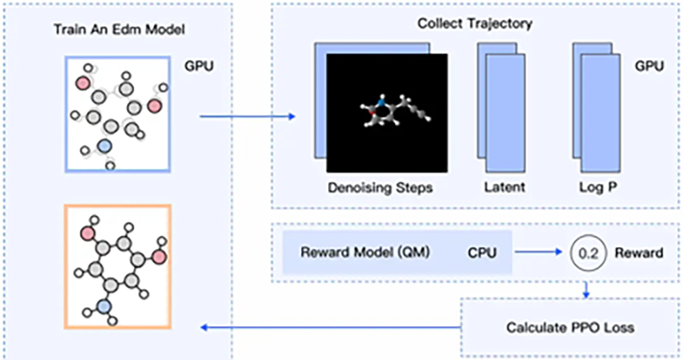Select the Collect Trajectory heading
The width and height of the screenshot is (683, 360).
coord(475,23)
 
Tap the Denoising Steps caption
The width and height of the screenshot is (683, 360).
coord(379,188)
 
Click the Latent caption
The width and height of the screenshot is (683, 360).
coord(504,188)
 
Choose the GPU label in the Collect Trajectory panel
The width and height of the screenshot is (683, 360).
coord(650,64)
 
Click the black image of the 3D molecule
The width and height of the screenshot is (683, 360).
coord(387,112)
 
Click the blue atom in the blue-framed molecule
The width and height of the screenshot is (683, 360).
coord(104,146)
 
